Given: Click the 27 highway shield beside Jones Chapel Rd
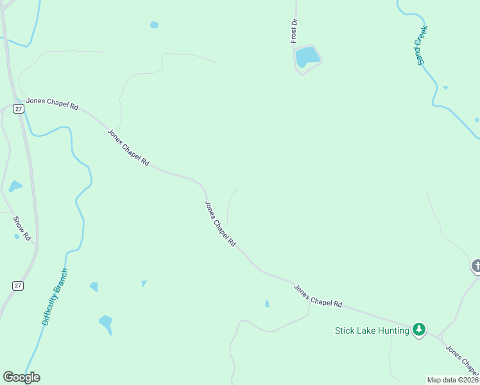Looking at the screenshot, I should tap(19, 109).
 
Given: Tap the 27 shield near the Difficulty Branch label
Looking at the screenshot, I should tap(19, 285).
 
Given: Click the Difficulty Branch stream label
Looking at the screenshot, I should tap(55, 296).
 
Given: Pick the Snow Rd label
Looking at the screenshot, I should tap(22, 228).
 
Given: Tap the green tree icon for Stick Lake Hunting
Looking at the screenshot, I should tap(419, 330).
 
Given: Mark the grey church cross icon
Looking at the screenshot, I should tap(476, 265).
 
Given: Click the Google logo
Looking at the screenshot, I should tap(21, 377).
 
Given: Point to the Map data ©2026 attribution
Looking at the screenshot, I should tap(452, 380).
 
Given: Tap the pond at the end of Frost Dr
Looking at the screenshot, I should tap(307, 56).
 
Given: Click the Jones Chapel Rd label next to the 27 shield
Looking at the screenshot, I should tap(51, 104).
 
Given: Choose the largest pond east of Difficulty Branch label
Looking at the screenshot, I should tap(106, 321).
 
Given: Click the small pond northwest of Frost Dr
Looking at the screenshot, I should tap(154, 25).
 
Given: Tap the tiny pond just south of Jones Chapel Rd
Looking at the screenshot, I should tap(267, 304).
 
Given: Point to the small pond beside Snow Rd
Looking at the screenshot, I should tap(15, 187).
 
